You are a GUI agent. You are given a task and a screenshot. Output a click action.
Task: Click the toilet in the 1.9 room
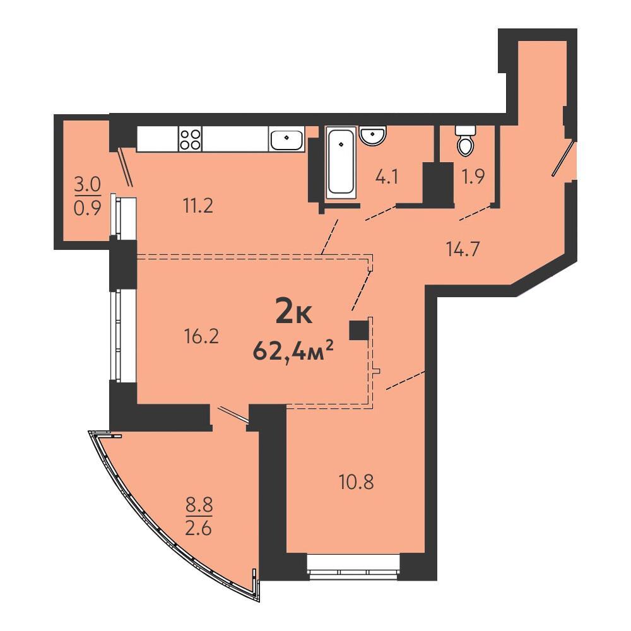(x=466, y=141)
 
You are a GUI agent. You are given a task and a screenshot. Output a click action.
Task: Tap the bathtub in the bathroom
(x=341, y=163)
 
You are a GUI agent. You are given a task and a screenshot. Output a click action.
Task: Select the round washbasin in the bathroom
(x=373, y=135)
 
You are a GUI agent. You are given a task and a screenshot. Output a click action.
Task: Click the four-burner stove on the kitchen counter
(x=191, y=139)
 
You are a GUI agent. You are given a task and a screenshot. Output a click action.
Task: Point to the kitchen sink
(x=286, y=139)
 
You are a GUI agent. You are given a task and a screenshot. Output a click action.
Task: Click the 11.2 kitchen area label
(x=198, y=207)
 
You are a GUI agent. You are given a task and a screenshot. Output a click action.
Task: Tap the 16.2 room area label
(x=201, y=336)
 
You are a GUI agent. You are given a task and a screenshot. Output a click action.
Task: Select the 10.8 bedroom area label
(x=357, y=481)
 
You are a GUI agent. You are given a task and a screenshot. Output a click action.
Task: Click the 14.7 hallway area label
(x=463, y=249)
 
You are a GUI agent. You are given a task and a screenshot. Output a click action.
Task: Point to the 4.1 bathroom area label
(x=387, y=177)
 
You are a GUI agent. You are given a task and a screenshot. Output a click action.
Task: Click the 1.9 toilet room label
(x=473, y=177)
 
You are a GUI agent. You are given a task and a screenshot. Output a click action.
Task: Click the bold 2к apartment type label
(x=294, y=313)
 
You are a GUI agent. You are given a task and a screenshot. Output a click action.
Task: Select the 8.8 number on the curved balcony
(x=199, y=504)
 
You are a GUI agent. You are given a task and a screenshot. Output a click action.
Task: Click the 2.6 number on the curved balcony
(x=198, y=528)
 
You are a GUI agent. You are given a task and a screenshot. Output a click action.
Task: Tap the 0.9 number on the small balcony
(x=87, y=208)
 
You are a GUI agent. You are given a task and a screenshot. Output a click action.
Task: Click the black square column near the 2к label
(x=359, y=330)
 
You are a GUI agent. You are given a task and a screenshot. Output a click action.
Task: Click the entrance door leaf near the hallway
(x=563, y=158)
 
